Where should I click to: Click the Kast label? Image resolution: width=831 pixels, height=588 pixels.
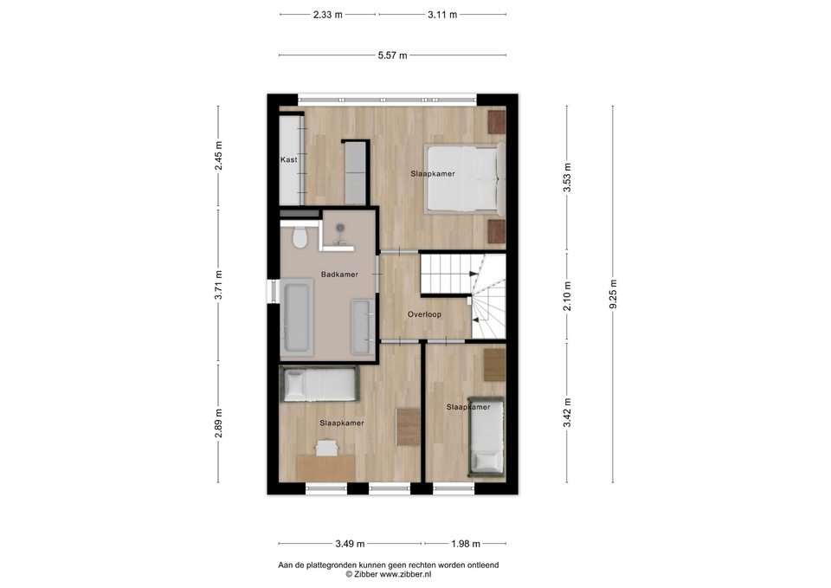[289, 159]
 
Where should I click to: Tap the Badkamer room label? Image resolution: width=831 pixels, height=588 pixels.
[339, 275]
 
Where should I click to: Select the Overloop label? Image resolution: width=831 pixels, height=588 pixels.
[424, 314]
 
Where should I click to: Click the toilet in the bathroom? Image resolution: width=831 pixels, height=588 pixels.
[300, 237]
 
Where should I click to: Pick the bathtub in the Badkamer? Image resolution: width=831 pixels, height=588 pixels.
[297, 317]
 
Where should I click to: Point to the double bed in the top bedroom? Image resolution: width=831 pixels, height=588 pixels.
[465, 178]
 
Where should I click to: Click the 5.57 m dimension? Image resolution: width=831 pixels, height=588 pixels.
[393, 55]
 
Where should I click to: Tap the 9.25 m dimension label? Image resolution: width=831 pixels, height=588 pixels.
[613, 294]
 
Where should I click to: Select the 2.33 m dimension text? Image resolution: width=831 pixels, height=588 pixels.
[327, 15]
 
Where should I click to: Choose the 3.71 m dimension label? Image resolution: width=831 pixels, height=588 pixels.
[218, 285]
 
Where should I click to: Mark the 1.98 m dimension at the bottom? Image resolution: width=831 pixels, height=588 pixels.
[466, 544]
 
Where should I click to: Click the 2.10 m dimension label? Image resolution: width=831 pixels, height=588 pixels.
[567, 296]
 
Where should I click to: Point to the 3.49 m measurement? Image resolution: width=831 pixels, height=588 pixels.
[350, 544]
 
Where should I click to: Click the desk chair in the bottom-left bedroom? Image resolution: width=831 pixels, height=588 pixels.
[327, 448]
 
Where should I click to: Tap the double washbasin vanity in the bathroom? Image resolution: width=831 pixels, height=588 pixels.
[363, 326]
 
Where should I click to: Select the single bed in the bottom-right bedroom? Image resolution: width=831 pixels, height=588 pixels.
[486, 437]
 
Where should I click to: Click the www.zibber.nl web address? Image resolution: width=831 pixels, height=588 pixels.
[405, 573]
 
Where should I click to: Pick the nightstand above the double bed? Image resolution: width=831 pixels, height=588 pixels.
[497, 122]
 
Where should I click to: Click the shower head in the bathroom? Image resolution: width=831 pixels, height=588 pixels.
[339, 229]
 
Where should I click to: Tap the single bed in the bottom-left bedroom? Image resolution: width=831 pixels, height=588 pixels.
[319, 384]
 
